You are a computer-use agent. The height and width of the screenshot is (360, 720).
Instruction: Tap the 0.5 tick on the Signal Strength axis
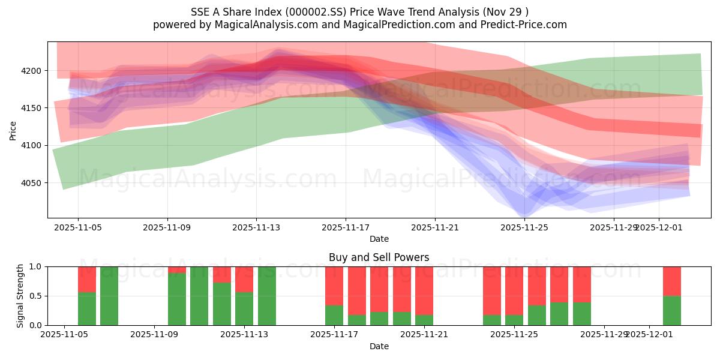click(x=35, y=296)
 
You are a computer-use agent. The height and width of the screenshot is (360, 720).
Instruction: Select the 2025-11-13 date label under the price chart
click(x=256, y=228)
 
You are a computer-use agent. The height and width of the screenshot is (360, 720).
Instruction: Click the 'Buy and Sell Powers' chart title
click(x=379, y=257)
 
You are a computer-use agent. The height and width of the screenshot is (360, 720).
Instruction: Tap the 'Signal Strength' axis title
click(x=20, y=296)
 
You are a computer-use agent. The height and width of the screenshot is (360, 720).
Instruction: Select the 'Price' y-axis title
click(x=13, y=130)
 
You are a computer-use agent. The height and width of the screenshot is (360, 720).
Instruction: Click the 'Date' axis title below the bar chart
click(x=379, y=346)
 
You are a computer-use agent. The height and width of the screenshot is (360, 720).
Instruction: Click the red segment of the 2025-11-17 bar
click(x=334, y=286)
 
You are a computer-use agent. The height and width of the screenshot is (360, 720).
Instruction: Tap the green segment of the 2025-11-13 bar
click(x=244, y=308)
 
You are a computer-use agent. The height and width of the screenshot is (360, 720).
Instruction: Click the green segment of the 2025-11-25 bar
click(x=514, y=320)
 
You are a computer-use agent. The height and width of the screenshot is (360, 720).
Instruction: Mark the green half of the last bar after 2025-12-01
click(x=672, y=310)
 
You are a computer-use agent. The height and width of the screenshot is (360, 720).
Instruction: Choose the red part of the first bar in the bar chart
click(x=87, y=279)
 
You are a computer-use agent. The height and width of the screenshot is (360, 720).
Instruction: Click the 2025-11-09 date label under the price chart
click(x=167, y=228)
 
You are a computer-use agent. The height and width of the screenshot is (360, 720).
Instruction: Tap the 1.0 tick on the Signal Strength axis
click(x=35, y=266)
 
